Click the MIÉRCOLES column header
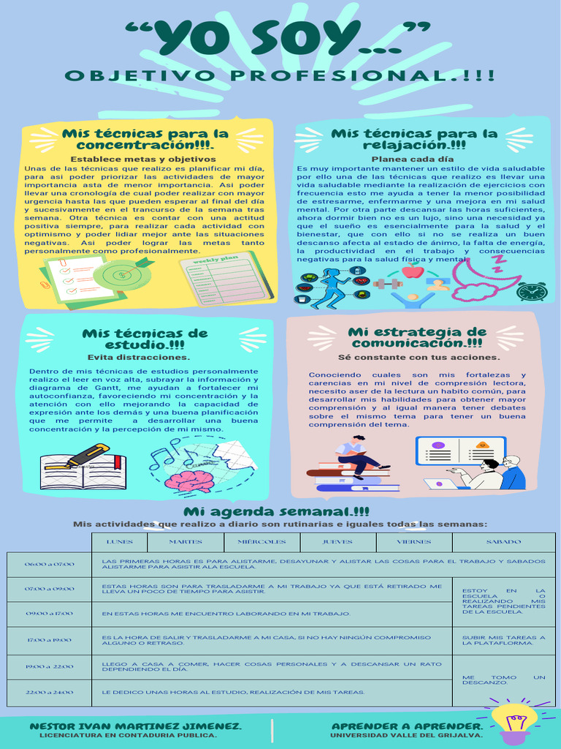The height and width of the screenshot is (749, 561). [x=262, y=542]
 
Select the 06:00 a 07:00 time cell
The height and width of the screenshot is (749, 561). [x=49, y=565]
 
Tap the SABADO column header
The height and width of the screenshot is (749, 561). [x=503, y=542]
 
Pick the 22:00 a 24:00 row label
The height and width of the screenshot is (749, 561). [x=49, y=692]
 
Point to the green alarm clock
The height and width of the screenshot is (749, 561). [x=531, y=291]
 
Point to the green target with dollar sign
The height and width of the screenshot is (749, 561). [x=123, y=274]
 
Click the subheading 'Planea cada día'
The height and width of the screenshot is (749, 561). [x=413, y=159]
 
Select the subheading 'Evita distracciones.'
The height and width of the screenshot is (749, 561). [x=139, y=358]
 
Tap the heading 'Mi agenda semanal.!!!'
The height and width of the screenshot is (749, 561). [x=276, y=511]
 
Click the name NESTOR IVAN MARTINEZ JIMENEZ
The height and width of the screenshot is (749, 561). [x=135, y=726]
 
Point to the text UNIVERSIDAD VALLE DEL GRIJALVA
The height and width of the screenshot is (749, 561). [x=406, y=735]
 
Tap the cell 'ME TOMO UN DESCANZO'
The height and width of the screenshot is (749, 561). [x=503, y=680]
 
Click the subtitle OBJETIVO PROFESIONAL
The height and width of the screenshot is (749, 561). [x=280, y=76]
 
